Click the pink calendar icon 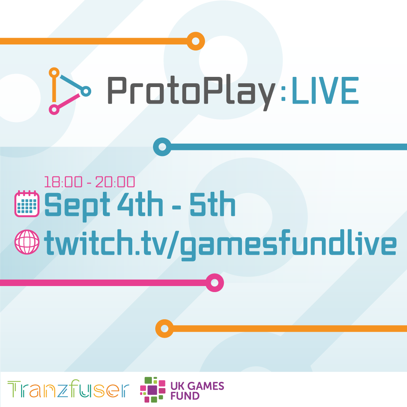(x=27, y=204)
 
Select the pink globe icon (x=27, y=242)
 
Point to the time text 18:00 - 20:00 (x=90, y=182)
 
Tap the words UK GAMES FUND (x=197, y=391)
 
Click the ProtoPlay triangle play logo (x=68, y=91)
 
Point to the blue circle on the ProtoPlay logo (x=86, y=91)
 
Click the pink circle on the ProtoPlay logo (x=54, y=110)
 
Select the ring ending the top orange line (x=196, y=41)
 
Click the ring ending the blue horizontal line (x=162, y=147)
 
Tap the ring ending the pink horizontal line (x=214, y=283)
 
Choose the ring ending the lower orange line (x=165, y=329)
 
